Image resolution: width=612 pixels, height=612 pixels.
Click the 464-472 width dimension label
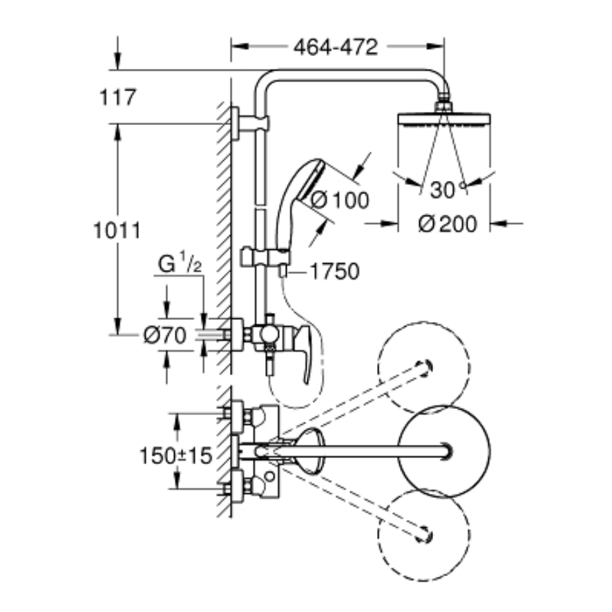pos(336,47)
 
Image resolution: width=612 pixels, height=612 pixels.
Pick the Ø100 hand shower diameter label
pos(339,200)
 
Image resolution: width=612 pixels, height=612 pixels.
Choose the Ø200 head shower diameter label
pos(447,224)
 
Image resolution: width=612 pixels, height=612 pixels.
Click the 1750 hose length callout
pos(334,272)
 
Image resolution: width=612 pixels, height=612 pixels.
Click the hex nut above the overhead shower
pos(443,106)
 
